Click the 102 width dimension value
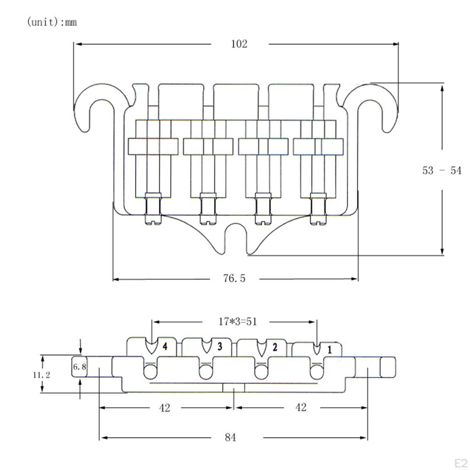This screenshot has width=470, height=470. [239, 44]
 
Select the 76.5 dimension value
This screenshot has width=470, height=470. [235, 279]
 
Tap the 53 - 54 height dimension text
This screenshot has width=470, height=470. [442, 170]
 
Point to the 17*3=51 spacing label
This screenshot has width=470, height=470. [237, 322]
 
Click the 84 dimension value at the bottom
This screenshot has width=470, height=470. [230, 437]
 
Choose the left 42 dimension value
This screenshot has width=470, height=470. [164, 408]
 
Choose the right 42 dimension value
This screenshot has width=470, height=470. [300, 408]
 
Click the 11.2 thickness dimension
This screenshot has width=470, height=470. [41, 375]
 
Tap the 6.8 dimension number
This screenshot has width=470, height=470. [79, 367]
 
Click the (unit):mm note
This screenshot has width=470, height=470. [52, 22]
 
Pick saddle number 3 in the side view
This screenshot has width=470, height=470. [219, 347]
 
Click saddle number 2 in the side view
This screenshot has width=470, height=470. [274, 347]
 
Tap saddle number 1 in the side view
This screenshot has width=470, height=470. [329, 349]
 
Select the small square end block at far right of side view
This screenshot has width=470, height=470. [387, 367]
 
